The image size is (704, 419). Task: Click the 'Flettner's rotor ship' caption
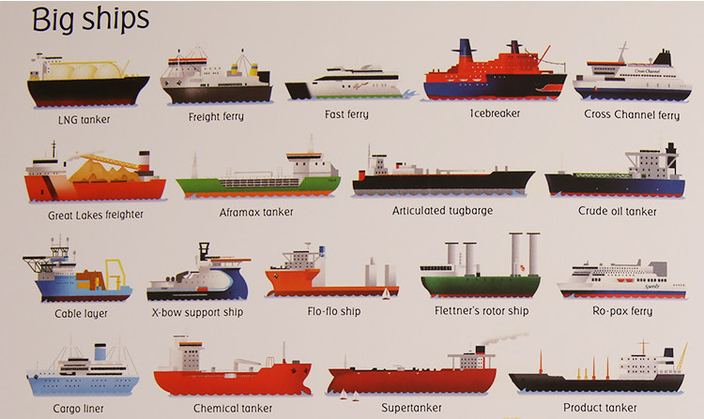point(482,310)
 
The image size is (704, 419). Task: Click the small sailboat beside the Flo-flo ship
point(385,294)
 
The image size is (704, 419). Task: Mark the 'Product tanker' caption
point(600,408)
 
